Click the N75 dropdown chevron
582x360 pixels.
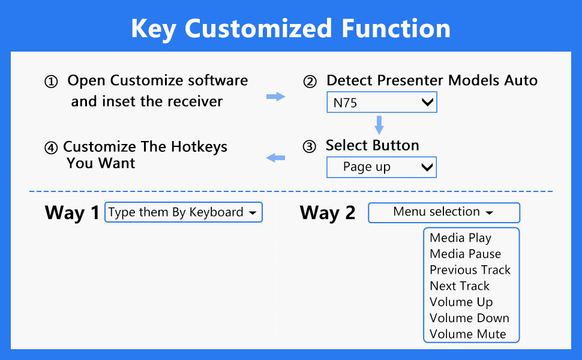click(x=427, y=103)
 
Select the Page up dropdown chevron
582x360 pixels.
click(x=427, y=167)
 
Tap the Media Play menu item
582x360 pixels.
click(x=460, y=238)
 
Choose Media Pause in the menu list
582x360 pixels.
click(x=465, y=254)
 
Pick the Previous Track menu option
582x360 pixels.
click(x=470, y=270)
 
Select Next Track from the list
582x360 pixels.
click(x=460, y=286)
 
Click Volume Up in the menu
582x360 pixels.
click(x=461, y=302)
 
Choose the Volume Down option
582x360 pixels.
click(x=469, y=319)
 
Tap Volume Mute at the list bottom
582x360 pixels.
click(x=467, y=334)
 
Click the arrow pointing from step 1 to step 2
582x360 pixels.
click(x=275, y=97)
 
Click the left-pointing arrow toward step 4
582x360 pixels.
click(x=275, y=158)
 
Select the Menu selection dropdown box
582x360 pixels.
click(x=443, y=212)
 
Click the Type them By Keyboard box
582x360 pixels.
click(x=183, y=212)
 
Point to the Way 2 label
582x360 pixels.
click(x=327, y=212)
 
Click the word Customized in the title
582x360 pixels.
click(x=259, y=29)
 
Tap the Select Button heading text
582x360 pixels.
click(x=372, y=146)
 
